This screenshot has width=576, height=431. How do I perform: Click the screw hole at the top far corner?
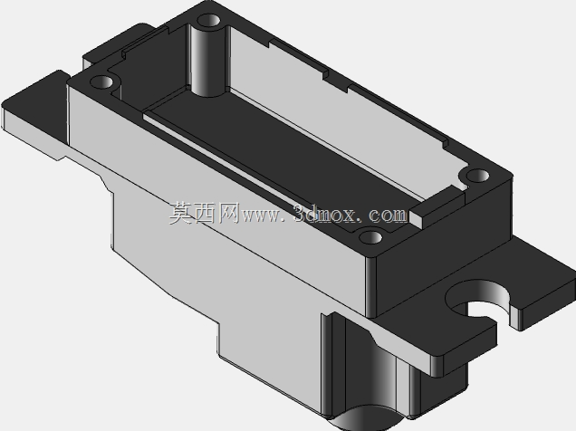coord(208,20)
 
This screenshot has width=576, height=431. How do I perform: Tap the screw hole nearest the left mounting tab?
coord(101,81)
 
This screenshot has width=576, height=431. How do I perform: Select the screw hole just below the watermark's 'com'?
coord(370,237)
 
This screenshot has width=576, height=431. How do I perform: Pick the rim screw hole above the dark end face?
coord(477,176)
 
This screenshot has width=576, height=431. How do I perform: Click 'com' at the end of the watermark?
coord(389,215)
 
